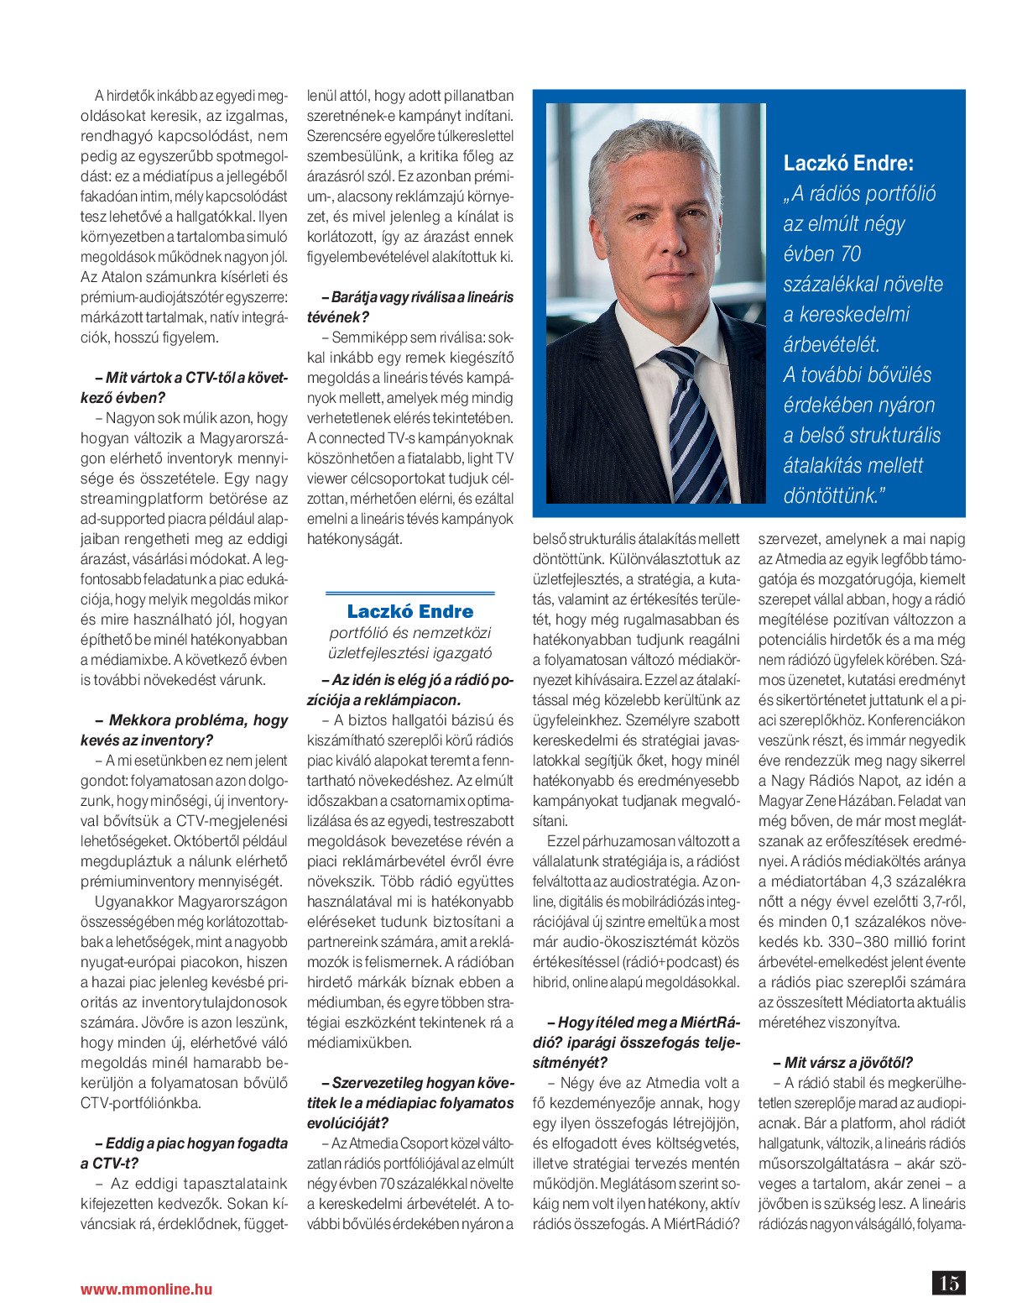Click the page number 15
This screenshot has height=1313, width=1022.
pos(948,1283)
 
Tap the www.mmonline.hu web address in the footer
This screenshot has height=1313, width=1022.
pos(146,1289)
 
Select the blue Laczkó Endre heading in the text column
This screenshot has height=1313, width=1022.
pos(409,611)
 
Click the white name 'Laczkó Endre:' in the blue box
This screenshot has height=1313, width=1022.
pos(848,163)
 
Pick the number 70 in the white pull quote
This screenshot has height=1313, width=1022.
pos(850,254)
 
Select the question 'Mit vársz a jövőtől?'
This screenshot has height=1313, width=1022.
pos(842,1062)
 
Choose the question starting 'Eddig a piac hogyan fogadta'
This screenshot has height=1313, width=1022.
pos(184,1153)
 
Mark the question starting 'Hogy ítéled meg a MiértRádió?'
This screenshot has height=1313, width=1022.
pos(637,1042)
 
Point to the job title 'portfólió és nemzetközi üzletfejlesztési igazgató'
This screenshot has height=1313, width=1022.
pos(409,643)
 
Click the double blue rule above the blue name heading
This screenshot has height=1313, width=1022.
pos(409,594)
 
